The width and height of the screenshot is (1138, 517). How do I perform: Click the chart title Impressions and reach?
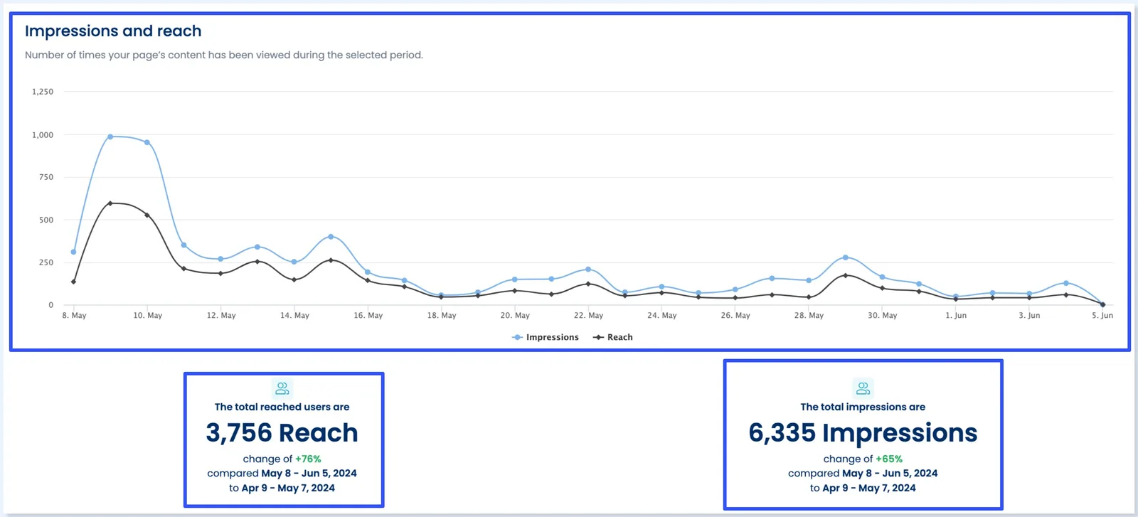click(113, 31)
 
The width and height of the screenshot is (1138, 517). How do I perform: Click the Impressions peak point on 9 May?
click(110, 137)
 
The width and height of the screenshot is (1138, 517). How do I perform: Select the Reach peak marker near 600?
click(110, 203)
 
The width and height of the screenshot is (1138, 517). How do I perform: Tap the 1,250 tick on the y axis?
click(43, 92)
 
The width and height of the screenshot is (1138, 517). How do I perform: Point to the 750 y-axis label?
click(46, 177)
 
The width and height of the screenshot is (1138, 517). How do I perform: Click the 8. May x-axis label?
click(74, 315)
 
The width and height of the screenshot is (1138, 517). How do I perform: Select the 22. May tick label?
click(588, 315)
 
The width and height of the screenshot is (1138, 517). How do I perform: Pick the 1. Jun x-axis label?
click(956, 315)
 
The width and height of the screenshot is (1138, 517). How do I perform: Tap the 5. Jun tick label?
click(1102, 315)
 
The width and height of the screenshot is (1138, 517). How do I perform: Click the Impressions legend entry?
click(546, 337)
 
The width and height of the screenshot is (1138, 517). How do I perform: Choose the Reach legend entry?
click(613, 337)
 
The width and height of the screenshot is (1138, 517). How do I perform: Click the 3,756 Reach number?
click(282, 432)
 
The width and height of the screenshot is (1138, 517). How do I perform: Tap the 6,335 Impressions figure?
click(863, 432)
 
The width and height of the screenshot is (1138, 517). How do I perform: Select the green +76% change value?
click(308, 459)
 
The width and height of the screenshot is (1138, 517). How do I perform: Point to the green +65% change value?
click(889, 459)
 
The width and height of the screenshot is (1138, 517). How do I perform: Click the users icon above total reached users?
click(282, 388)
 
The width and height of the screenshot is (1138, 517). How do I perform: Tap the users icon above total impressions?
click(863, 388)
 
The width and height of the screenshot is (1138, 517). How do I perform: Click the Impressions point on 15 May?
click(331, 237)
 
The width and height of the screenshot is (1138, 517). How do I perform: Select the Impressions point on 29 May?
click(845, 257)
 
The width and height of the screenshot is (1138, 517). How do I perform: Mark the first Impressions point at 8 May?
click(73, 252)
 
